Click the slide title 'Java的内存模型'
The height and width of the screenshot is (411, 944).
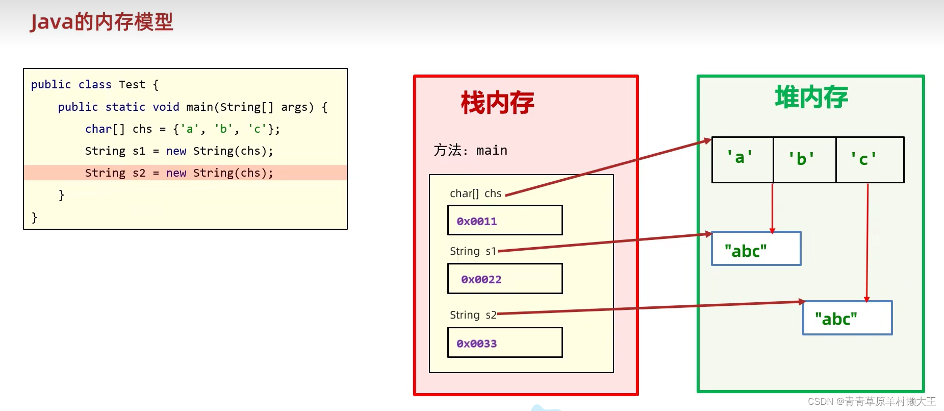(101, 22)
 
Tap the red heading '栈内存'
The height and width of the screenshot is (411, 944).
(497, 103)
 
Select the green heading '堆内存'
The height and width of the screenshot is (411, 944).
(811, 97)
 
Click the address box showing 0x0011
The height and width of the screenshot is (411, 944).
(505, 221)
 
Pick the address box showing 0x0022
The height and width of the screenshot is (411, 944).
(505, 279)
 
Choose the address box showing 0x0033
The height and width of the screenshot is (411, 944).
(505, 343)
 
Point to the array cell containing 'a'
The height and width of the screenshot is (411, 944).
(742, 159)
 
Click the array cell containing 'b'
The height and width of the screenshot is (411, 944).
(804, 159)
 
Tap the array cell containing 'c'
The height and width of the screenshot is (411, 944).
(870, 159)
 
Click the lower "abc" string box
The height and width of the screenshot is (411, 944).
(847, 318)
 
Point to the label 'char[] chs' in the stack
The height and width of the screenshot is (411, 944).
(475, 194)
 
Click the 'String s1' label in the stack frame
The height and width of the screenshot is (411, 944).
(473, 251)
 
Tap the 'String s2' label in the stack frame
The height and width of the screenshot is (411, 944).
(473, 315)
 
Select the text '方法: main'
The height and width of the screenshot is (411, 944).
(470, 150)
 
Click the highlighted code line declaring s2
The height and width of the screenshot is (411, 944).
(179, 173)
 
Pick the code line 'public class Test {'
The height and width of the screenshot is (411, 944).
(95, 85)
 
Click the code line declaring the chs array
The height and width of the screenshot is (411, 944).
(182, 129)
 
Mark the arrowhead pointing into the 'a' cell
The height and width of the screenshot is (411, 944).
(708, 140)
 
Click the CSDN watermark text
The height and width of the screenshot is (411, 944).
(872, 402)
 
